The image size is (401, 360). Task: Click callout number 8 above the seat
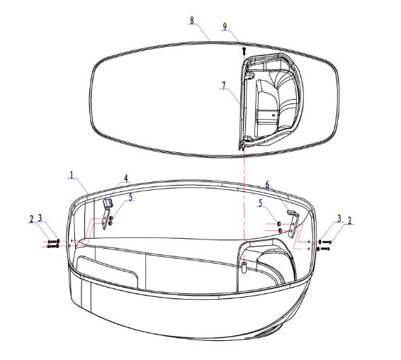coord(192,21)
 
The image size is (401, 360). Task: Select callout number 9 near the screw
coord(225,27)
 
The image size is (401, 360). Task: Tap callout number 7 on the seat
coord(224,86)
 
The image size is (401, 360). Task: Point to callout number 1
coord(72,175)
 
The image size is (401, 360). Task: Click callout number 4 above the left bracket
coord(126,178)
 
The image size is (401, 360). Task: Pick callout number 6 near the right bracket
coord(268,184)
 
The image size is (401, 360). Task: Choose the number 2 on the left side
coord(31,219)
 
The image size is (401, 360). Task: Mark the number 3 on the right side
coord(339,218)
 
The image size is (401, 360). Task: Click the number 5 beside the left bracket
coord(130,197)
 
